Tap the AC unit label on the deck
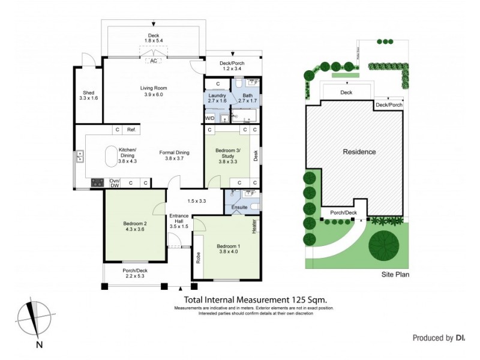coord(154,61)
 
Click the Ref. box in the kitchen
coord(131,130)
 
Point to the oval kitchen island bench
coord(112,157)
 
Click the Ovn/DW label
coord(115,183)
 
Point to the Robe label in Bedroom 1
coord(198,257)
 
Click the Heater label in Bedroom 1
coord(254,227)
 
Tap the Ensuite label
coord(239,208)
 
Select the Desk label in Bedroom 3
coord(254,156)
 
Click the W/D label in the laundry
coord(209,118)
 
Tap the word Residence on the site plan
coord(359,152)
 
